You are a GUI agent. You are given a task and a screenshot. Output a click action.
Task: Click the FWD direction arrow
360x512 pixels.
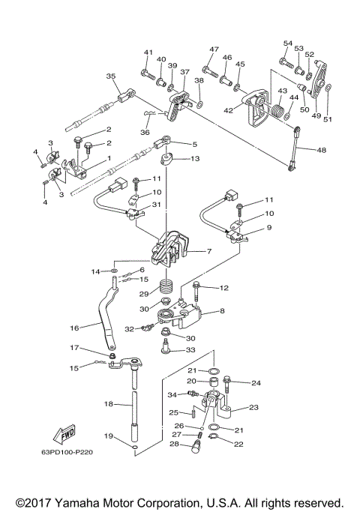[64, 434]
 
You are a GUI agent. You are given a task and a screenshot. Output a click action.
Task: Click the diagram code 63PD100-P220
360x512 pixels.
[67, 452]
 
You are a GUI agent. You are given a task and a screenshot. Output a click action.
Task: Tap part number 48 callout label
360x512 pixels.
[322, 150]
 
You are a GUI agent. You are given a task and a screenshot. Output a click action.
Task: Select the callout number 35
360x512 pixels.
[111, 76]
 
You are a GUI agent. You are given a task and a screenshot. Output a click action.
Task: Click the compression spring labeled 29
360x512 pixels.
[166, 286]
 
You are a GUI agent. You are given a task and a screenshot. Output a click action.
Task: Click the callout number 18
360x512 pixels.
[109, 404]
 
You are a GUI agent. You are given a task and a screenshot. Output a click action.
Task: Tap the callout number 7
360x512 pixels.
[209, 251]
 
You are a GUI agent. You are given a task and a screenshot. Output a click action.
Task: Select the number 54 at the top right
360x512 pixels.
[288, 43]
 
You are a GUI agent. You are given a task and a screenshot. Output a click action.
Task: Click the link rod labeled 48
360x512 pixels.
[294, 149]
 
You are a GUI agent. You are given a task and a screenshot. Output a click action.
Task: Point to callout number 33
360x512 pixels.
[190, 350]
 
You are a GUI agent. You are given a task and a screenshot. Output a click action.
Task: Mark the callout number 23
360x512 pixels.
[253, 407]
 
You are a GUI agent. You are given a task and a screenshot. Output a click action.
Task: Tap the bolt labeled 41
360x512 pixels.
[148, 74]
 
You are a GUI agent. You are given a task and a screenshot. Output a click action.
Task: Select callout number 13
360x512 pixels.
[195, 159]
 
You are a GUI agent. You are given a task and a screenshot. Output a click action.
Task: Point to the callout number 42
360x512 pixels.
[228, 110]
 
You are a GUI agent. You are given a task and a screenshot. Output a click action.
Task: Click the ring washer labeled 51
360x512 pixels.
[329, 86]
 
